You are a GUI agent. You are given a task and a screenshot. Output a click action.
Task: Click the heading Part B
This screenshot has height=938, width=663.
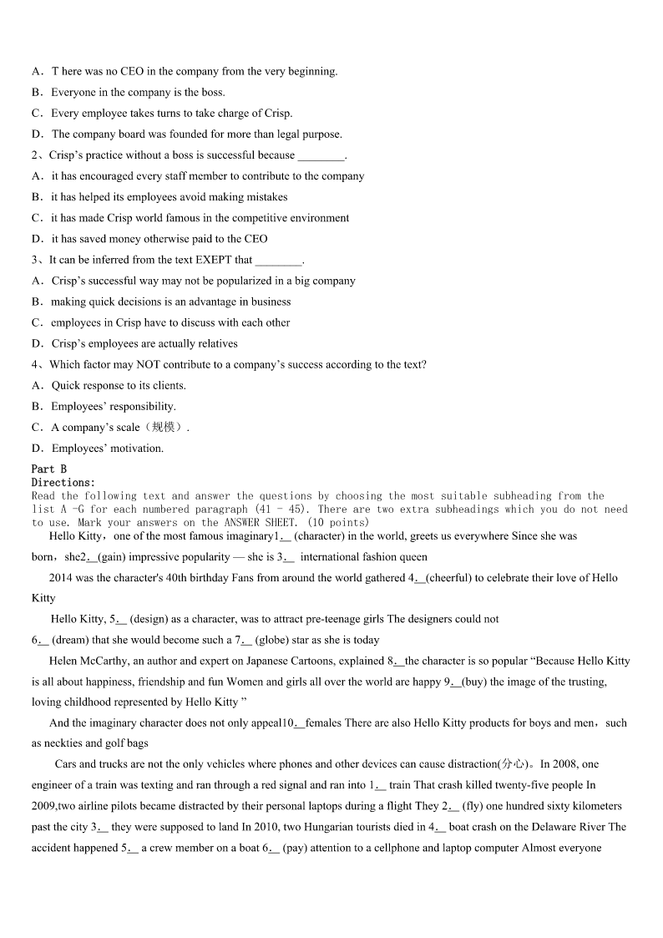point(49,469)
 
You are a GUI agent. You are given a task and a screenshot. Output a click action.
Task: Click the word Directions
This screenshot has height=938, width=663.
point(63,483)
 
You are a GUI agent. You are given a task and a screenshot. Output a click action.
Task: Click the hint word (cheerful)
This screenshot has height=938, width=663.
point(452,577)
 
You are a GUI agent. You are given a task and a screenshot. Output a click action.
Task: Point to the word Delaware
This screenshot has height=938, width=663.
point(549,827)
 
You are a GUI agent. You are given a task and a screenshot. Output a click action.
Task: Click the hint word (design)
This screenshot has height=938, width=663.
point(151,619)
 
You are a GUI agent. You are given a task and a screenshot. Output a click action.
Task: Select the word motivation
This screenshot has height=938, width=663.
point(138,449)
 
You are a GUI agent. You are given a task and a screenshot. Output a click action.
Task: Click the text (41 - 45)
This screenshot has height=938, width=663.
point(281,510)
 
